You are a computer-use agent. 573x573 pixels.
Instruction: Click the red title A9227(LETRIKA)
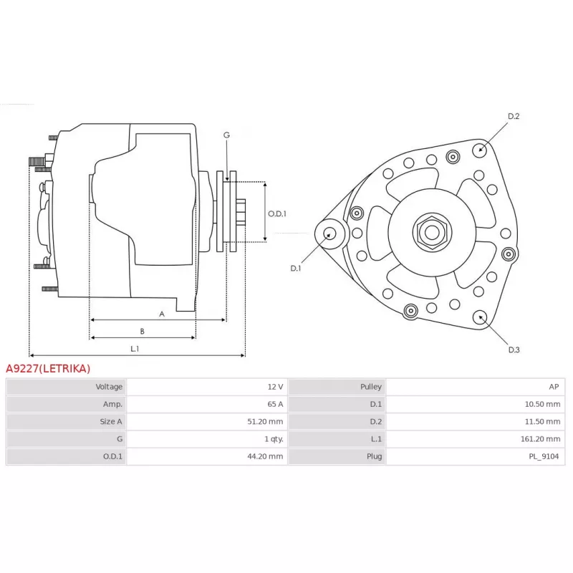pos(48,368)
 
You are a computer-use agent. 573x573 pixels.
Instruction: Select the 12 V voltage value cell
pos(275,387)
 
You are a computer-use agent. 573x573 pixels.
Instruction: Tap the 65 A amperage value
pos(275,404)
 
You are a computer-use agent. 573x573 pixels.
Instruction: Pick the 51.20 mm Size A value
pos(265,421)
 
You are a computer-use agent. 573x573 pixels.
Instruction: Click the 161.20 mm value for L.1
pos(540,439)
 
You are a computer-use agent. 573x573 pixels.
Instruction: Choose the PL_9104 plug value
pos(544,456)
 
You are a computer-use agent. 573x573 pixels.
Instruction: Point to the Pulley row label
pos(370,387)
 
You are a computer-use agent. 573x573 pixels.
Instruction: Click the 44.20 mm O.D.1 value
pos(265,456)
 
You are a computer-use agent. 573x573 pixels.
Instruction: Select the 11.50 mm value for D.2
pos(542,421)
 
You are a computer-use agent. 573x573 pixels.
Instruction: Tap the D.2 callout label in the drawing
pos(514,116)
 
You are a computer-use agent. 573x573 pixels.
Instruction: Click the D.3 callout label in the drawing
pos(514,350)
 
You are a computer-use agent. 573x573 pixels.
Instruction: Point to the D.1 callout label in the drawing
pos(296,268)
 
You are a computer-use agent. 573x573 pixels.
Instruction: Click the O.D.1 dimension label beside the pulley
pos(277,213)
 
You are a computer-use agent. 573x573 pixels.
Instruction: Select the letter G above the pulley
pos(226,135)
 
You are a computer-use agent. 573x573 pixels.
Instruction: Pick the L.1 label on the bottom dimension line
pos(135,349)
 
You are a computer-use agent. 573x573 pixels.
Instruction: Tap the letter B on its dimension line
pos(142,332)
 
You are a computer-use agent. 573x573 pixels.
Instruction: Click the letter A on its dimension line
pos(162,314)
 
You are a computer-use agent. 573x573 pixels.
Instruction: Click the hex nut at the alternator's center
pos(432,232)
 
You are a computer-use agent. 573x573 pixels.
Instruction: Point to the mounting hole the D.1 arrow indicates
pos(329,234)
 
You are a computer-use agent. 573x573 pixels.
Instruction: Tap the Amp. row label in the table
pos(112,404)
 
